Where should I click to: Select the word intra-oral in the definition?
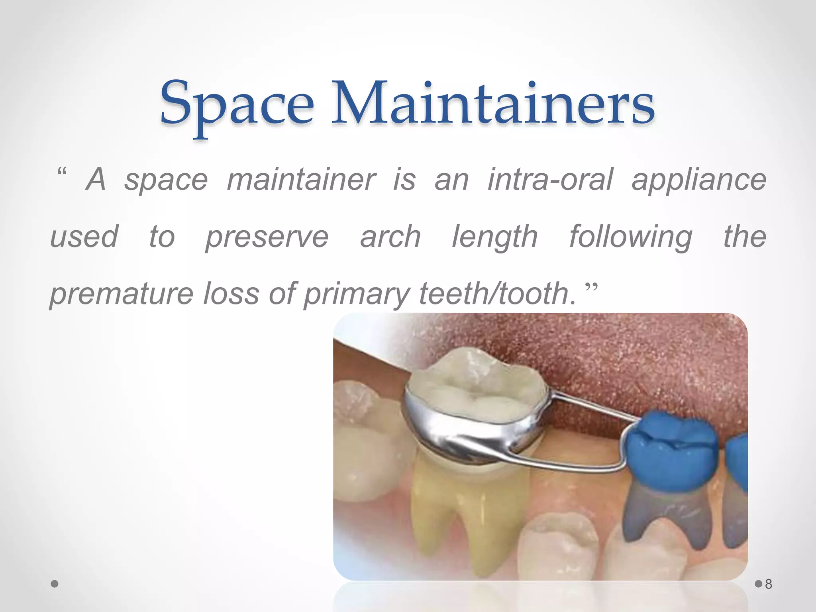pyautogui.click(x=550, y=180)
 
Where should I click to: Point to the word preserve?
pyautogui.click(x=267, y=237)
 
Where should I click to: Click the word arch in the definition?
pyautogui.click(x=390, y=237)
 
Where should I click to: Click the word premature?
pyautogui.click(x=122, y=294)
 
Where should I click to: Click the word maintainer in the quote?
pyautogui.click(x=301, y=180)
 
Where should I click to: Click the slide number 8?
pyautogui.click(x=769, y=584)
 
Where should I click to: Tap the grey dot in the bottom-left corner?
pyautogui.click(x=55, y=584)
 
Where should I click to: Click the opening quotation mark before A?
pyautogui.click(x=62, y=173)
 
